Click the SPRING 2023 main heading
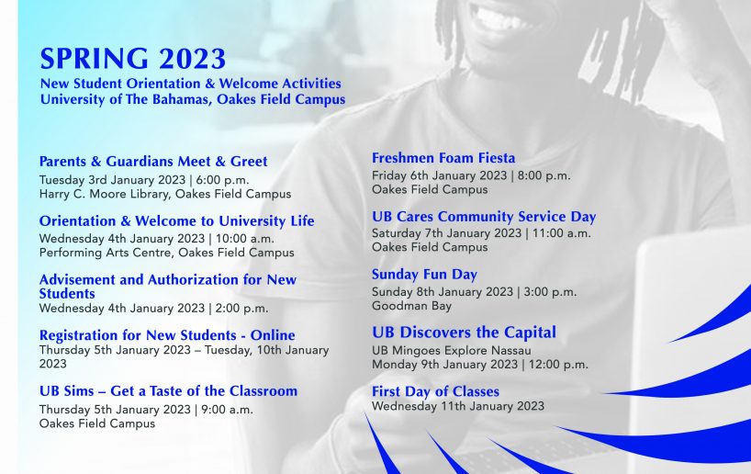click(x=133, y=59)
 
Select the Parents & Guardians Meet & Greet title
click(x=153, y=162)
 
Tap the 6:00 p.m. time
click(x=222, y=180)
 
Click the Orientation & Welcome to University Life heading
click(x=177, y=221)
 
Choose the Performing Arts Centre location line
click(x=167, y=253)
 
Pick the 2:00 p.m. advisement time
click(x=241, y=308)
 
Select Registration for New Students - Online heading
click(x=167, y=335)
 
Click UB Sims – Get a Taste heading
click(x=168, y=391)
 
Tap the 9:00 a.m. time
click(x=227, y=410)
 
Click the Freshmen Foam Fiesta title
click(x=443, y=158)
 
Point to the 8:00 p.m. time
click(x=544, y=175)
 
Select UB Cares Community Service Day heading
click(x=484, y=217)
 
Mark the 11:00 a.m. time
click(x=561, y=233)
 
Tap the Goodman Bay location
click(x=411, y=306)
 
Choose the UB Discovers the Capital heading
click(x=465, y=333)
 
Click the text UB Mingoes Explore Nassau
click(x=451, y=350)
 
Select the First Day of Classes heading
click(x=435, y=391)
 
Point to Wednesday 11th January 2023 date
click(x=458, y=406)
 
